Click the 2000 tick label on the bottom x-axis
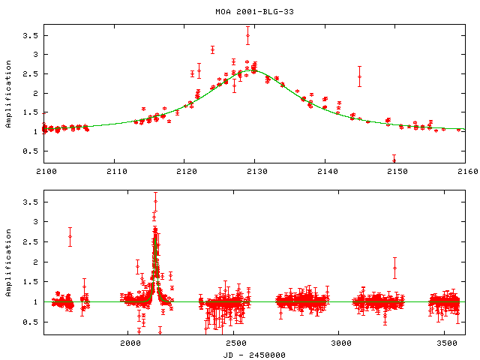click(x=130, y=343)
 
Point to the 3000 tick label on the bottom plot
click(x=340, y=343)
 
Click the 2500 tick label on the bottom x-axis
click(x=235, y=343)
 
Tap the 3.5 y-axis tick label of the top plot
click(x=31, y=36)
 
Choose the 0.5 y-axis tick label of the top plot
click(x=31, y=151)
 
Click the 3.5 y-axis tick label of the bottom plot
click(x=31, y=202)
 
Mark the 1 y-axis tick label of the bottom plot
click(x=37, y=302)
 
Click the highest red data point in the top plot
click(x=247, y=34)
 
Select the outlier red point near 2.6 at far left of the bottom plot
click(x=70, y=237)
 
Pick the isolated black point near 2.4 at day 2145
click(x=360, y=76)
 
